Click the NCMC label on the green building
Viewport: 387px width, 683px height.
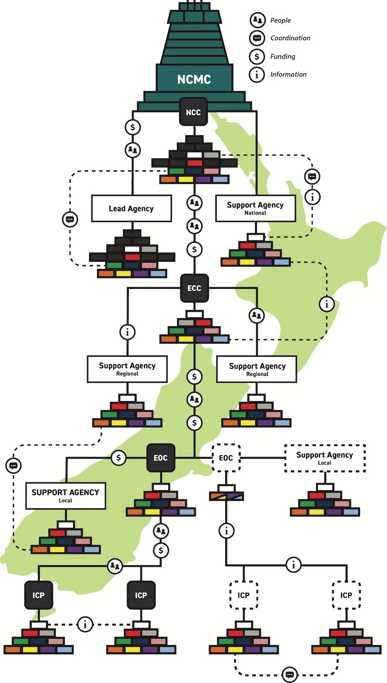coord(194,79)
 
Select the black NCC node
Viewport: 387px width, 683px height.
coord(193,112)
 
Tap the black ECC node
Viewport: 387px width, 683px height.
coord(194,288)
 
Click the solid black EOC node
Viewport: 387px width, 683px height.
coord(161,458)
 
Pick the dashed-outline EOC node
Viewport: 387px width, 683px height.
coord(226,458)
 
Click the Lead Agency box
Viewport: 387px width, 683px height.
coord(131,208)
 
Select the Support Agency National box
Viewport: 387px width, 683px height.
coord(255,208)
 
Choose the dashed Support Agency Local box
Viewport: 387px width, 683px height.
coord(325,458)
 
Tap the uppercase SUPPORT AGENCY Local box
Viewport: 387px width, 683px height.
coord(65,495)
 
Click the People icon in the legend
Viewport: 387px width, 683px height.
coord(257,20)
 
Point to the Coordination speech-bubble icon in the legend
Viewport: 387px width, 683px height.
coord(257,38)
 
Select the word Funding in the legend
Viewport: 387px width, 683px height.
coord(283,56)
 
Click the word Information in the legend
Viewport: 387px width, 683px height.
coord(288,74)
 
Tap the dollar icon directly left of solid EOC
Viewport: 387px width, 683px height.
coord(118,458)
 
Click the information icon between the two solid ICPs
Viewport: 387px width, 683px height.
coord(85,624)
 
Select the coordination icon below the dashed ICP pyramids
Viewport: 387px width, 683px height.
coord(289,674)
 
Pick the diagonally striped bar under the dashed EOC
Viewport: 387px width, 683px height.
coord(226,496)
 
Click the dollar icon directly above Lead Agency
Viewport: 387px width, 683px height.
coord(133,127)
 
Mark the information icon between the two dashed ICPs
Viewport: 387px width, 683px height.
coord(293,565)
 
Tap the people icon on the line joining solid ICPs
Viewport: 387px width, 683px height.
coord(115,566)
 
